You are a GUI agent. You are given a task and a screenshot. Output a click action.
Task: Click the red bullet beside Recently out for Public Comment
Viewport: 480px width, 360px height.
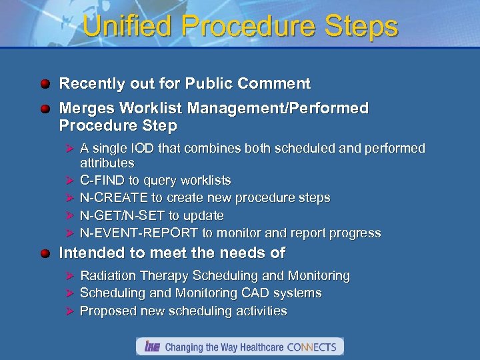tap(45, 84)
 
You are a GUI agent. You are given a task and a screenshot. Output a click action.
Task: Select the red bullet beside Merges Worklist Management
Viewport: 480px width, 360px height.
tap(45, 109)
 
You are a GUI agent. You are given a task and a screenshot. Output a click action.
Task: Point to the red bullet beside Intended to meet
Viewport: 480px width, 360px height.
tap(45, 253)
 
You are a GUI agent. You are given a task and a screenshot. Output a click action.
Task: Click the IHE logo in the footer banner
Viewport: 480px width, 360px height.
tap(151, 347)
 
